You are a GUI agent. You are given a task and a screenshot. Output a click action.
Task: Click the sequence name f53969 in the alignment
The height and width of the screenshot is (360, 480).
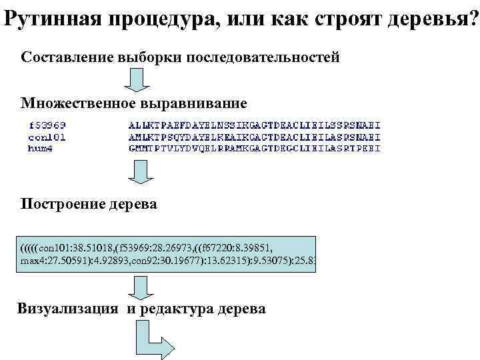pyautogui.click(x=47, y=125)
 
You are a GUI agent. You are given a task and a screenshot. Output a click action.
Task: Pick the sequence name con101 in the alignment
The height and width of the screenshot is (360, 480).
pyautogui.click(x=47, y=137)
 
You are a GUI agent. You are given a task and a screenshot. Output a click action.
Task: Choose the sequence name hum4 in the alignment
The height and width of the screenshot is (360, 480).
pyautogui.click(x=42, y=148)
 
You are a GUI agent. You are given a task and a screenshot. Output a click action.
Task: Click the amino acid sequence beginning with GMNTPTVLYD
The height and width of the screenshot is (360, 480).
pyautogui.click(x=254, y=148)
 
